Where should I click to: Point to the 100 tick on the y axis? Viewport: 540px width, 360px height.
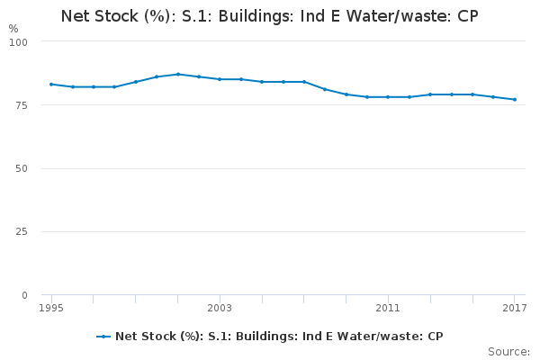click(19, 42)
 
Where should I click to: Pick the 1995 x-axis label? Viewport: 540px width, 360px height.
click(51, 309)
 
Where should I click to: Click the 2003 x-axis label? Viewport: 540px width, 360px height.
click(220, 309)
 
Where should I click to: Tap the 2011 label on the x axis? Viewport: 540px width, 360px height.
click(388, 309)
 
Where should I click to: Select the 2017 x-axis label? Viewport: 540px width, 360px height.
click(514, 309)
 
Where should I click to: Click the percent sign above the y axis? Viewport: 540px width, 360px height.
click(13, 28)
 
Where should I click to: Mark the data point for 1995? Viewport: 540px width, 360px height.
click(51, 84)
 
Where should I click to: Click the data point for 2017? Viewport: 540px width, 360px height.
click(515, 99)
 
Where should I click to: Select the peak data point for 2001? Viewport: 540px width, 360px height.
click(178, 74)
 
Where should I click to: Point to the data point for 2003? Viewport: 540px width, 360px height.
click(220, 79)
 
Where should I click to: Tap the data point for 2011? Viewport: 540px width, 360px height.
click(388, 97)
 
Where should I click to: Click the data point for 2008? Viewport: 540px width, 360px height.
click(325, 89)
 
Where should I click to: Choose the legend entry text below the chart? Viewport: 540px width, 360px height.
click(279, 336)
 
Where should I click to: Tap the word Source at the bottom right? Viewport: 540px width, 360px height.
click(508, 351)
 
